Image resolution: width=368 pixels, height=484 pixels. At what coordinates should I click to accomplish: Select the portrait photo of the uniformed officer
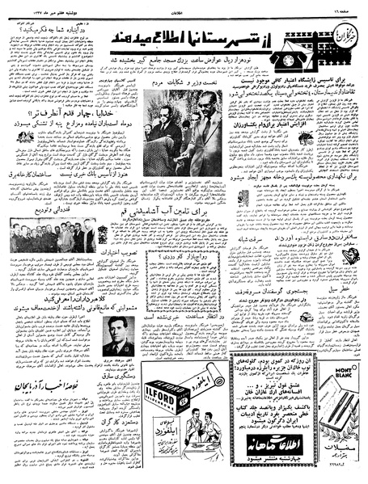tap(120, 335)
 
